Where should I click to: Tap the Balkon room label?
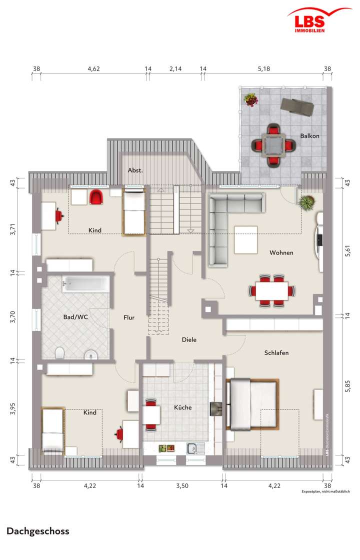point(309,136)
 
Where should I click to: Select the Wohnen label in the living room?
point(281,252)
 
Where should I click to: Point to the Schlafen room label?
point(276,352)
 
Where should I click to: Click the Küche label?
point(183,407)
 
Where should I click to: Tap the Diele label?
point(189,340)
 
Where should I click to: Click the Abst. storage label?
point(135,170)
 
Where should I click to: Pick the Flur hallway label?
point(129,317)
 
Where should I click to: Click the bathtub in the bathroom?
point(84,284)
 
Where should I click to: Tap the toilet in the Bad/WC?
point(59,353)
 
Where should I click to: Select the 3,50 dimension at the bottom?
point(182,485)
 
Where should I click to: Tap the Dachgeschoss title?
point(38,531)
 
